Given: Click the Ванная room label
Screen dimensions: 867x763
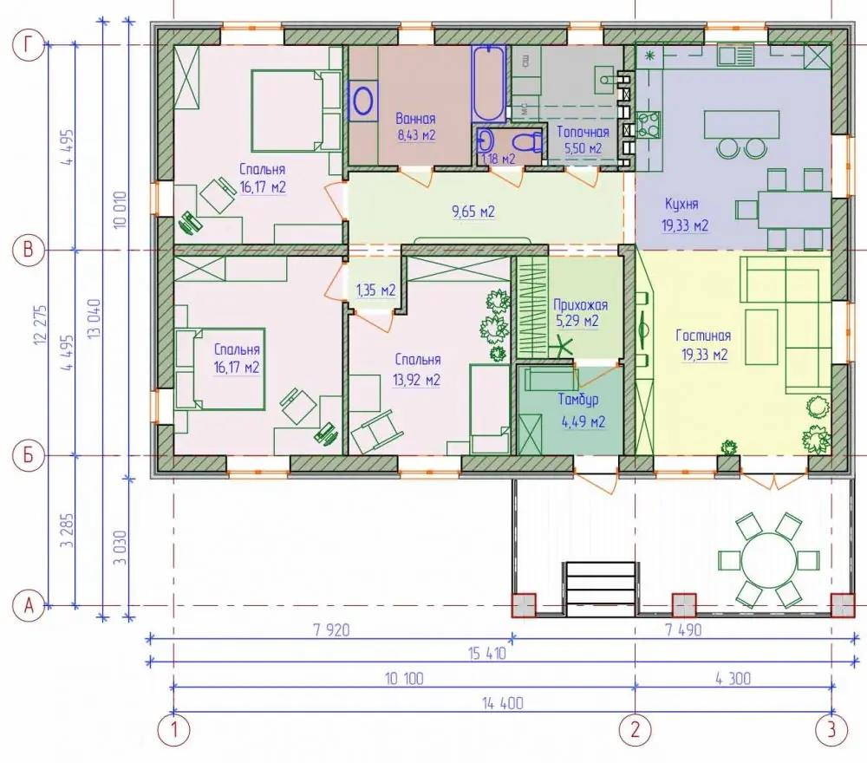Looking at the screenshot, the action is tap(415, 118).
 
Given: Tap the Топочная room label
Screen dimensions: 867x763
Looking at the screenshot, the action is tap(583, 132).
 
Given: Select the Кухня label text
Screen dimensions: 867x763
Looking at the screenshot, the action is tap(681, 204).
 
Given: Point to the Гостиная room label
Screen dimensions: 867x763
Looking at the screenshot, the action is tap(703, 336).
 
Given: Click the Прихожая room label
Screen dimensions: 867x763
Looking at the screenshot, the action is tap(580, 305).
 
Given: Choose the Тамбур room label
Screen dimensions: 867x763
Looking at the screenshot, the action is tap(577, 400).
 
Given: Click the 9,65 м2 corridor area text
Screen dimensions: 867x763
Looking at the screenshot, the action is tap(473, 212).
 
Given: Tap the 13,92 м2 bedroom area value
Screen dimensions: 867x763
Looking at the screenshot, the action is tap(416, 380).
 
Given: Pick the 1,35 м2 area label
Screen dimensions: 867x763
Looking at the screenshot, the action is tap(376, 290).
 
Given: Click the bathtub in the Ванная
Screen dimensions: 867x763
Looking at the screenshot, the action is tap(489, 83).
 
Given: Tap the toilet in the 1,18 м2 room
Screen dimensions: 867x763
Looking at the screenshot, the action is tap(528, 142).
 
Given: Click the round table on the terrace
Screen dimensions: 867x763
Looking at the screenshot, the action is tap(768, 561).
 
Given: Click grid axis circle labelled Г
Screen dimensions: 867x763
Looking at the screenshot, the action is tap(29, 45).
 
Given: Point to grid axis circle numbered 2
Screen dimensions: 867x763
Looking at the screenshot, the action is tap(635, 730).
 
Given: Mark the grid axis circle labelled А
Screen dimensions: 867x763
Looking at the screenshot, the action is tap(29, 606).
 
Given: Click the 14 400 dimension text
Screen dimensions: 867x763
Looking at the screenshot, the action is tap(502, 704).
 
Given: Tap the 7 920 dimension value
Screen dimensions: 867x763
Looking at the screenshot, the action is tap(331, 629).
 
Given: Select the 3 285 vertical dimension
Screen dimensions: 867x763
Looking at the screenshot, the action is tap(68, 531).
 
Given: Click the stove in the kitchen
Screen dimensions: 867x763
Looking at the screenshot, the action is tap(649, 124).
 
